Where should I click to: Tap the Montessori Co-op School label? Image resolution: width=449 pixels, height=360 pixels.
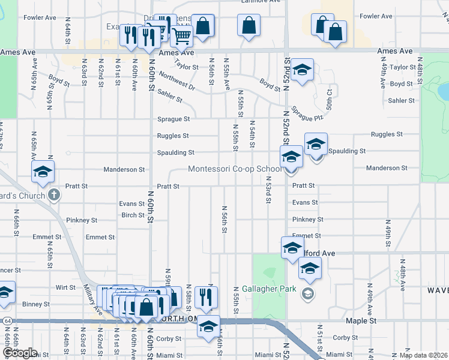pos(235,169)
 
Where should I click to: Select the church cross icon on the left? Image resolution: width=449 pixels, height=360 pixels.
pos(54,194)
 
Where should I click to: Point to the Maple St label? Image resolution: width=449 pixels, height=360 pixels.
pos(361,321)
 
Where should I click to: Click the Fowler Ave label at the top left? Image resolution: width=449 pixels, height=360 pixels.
pos(40,18)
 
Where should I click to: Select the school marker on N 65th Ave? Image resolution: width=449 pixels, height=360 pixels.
pos(43,172)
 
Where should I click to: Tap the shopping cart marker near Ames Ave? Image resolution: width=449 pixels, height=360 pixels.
pos(181,37)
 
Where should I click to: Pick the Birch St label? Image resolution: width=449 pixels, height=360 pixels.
pos(133,215)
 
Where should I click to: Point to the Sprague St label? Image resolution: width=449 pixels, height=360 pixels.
pos(173,119)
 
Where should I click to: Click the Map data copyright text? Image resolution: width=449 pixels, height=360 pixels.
pos(423,355)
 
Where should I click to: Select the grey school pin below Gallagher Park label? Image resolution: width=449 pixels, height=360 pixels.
pos(307,293)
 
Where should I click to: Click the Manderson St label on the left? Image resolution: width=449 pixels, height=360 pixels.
pos(124,170)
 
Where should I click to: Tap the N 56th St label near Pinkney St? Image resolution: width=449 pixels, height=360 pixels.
pos(224,218)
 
